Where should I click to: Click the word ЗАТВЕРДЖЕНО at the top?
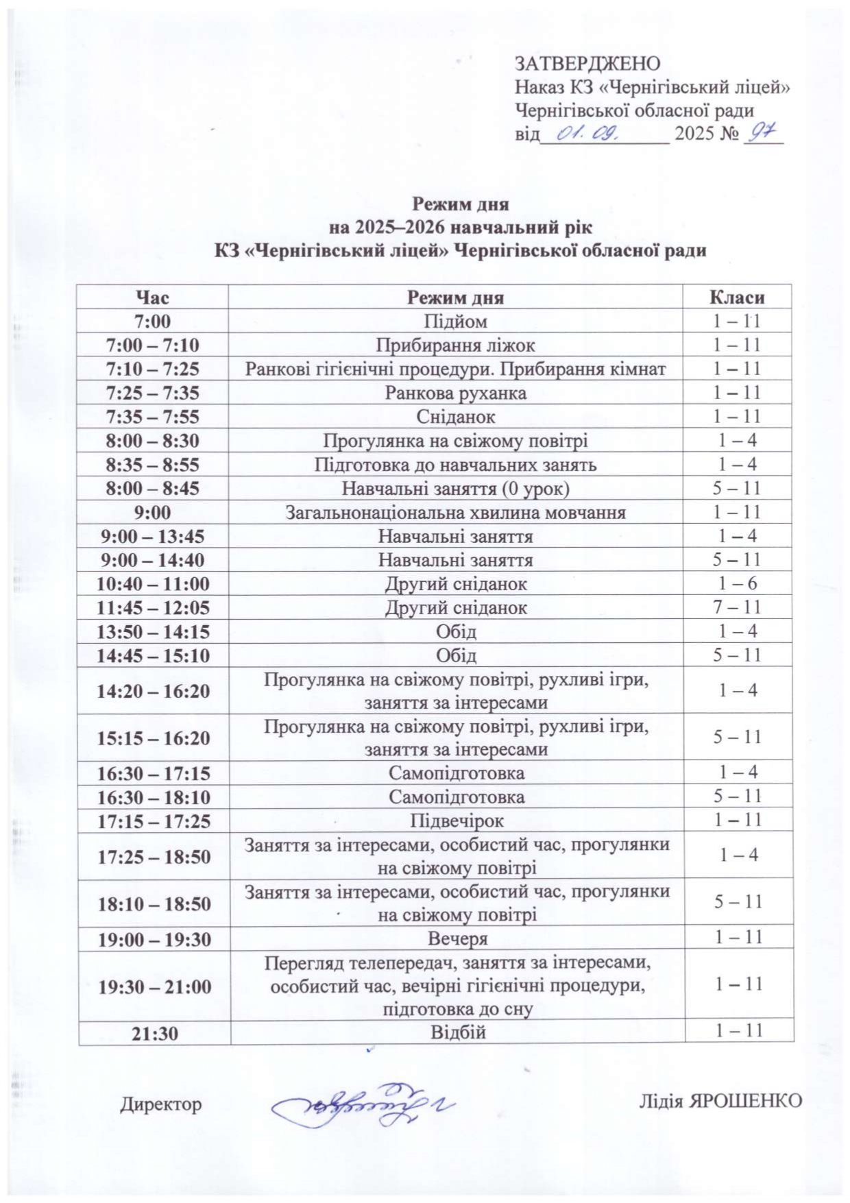(x=587, y=64)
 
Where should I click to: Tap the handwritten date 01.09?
(x=589, y=134)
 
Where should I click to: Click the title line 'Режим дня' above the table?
(x=460, y=204)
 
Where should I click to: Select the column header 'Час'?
(x=152, y=297)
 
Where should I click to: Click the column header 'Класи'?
(x=737, y=297)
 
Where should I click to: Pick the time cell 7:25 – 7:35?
(x=152, y=393)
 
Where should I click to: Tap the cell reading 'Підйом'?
(x=455, y=321)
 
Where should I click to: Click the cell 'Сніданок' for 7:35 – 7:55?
(x=455, y=417)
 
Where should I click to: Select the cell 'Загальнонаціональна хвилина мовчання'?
(x=455, y=513)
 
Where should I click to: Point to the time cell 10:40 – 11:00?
(x=152, y=584)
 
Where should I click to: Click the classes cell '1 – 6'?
(x=737, y=584)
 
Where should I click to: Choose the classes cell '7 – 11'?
(x=737, y=607)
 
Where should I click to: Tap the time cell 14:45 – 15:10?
(x=152, y=655)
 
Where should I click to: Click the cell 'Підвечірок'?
(x=457, y=821)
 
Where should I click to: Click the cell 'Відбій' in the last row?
(x=457, y=1032)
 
